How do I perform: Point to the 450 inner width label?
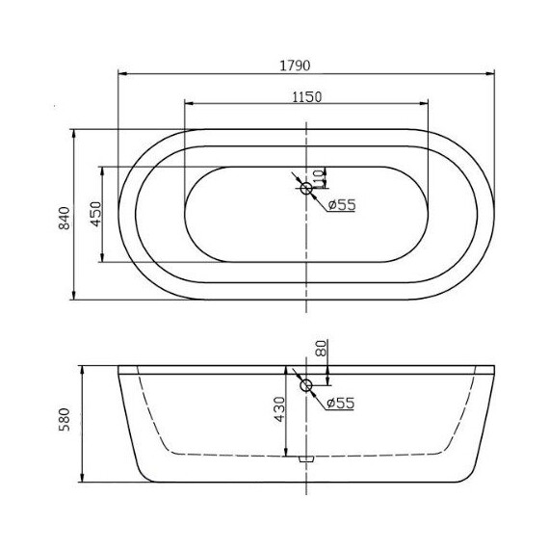coord(95,214)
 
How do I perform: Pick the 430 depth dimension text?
coord(278,410)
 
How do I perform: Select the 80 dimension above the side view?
coord(321,349)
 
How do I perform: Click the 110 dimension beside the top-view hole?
coord(321,178)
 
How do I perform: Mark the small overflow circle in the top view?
coord(306,189)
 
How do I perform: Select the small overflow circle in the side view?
coord(306,387)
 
